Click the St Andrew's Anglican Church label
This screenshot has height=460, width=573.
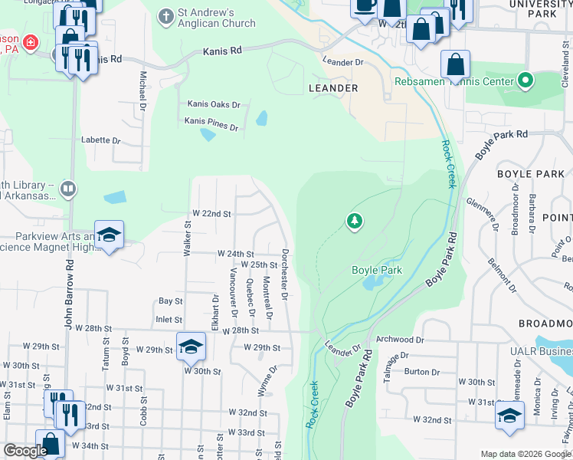click(x=205, y=18)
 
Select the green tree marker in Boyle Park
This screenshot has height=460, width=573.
click(x=354, y=222)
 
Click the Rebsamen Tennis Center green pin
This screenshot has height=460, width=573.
click(x=526, y=80)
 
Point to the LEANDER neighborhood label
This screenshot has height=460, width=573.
click(x=333, y=88)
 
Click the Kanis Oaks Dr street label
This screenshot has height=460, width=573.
click(x=214, y=104)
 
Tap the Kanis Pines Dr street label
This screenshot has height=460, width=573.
click(x=211, y=122)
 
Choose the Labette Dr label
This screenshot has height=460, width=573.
click(x=102, y=140)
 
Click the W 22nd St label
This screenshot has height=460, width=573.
click(x=211, y=213)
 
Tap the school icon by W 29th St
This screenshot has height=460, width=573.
click(x=191, y=347)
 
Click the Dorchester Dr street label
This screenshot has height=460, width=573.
click(x=284, y=274)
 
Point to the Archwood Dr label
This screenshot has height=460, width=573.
click(x=400, y=339)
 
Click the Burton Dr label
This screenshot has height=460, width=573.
click(x=422, y=372)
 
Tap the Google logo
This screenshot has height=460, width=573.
click(x=25, y=451)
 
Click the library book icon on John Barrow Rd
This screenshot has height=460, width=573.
click(x=68, y=189)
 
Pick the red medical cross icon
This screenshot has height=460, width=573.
click(x=31, y=43)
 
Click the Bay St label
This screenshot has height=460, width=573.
click(x=170, y=301)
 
